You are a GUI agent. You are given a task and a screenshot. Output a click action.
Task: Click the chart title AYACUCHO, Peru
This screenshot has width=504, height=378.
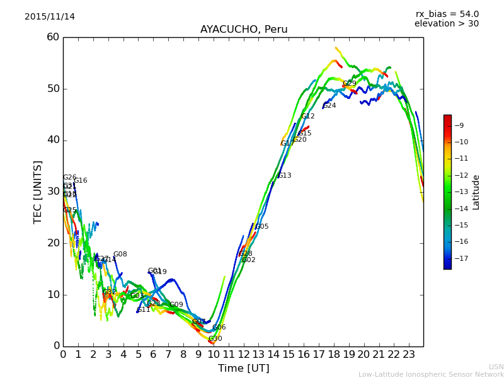(244, 30)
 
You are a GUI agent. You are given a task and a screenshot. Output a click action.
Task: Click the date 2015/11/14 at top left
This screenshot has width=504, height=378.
(50, 16)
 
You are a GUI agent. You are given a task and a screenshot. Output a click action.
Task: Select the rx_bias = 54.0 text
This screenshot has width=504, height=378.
(447, 14)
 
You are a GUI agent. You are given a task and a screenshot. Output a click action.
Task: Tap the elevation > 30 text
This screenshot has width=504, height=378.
(447, 24)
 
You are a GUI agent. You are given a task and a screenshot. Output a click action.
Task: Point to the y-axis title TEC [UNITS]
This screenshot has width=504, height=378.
(38, 192)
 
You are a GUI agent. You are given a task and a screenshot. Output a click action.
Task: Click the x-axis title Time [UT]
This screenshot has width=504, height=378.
(243, 368)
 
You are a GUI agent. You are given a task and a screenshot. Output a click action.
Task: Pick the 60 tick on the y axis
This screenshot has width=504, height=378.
(53, 37)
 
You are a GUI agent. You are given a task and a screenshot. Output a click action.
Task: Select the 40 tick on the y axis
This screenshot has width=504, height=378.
(53, 140)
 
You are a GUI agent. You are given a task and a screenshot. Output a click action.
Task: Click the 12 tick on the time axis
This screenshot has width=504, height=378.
(243, 355)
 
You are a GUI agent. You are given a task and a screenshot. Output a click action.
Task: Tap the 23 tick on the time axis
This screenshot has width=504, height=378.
(408, 355)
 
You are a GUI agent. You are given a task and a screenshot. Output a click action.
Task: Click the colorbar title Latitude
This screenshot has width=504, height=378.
(476, 192)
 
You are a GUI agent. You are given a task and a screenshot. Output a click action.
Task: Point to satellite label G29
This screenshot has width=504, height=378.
(350, 84)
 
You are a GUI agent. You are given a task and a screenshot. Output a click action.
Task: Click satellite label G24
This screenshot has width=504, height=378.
(329, 106)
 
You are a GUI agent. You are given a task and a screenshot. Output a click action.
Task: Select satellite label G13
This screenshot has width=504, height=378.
(285, 176)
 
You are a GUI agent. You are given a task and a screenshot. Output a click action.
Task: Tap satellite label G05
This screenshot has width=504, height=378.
(262, 227)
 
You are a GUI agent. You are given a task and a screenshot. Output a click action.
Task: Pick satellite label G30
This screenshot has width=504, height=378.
(215, 339)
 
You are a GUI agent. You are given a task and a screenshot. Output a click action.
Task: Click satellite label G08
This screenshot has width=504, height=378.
(120, 255)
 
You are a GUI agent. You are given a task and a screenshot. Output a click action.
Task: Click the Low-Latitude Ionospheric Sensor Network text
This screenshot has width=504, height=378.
(431, 374)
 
